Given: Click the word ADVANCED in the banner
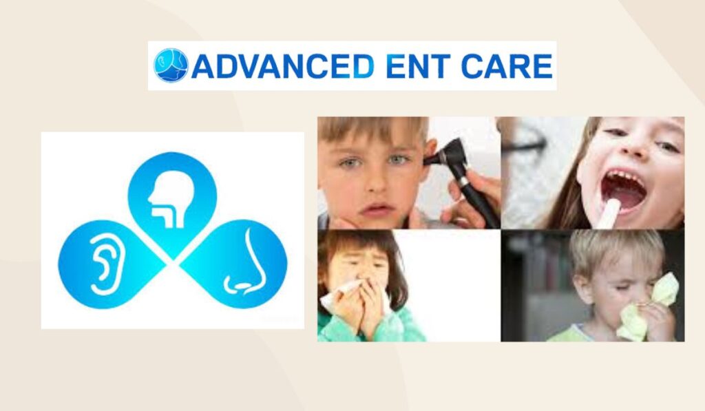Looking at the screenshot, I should (283, 65).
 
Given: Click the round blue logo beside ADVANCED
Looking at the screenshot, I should (171, 65).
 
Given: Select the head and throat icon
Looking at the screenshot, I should (171, 199).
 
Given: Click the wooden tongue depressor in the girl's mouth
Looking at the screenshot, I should (607, 214).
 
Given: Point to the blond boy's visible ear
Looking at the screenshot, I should (585, 288).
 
